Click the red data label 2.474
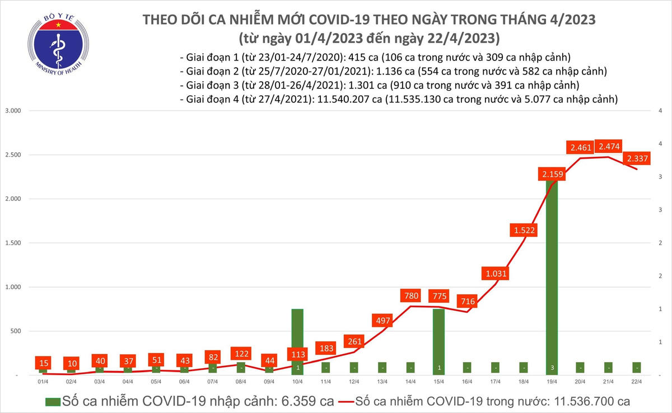pyautogui.click(x=608, y=147)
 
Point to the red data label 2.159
pyautogui.click(x=552, y=175)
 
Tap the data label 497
pyautogui.click(x=382, y=321)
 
